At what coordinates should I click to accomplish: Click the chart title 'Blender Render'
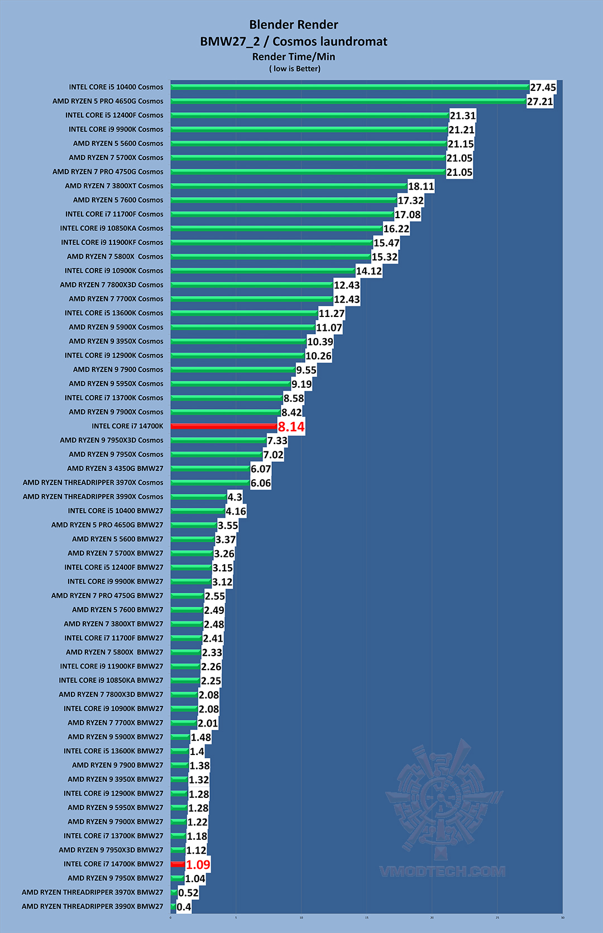(294, 25)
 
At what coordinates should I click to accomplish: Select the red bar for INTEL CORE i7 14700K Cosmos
(223, 426)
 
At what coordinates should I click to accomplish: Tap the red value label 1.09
(198, 864)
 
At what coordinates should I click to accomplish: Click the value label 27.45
(543, 88)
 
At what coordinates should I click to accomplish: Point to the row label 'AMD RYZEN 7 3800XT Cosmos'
(114, 186)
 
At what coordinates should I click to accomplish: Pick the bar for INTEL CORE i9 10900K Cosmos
(262, 271)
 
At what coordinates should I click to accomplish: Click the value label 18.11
(421, 186)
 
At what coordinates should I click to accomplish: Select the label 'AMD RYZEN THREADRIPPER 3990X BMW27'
(93, 906)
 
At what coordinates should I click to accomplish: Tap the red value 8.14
(291, 427)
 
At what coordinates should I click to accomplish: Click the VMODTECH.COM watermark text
(442, 872)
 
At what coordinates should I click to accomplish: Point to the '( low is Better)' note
(295, 69)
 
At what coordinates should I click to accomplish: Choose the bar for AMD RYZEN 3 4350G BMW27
(210, 469)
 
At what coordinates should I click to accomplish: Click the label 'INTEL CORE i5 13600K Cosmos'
(114, 313)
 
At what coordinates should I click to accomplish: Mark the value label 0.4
(184, 907)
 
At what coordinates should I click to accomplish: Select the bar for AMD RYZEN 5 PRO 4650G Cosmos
(348, 101)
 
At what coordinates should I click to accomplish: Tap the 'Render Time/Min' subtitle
(294, 56)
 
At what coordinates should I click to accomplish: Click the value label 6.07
(261, 469)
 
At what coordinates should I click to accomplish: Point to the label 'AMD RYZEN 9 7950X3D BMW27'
(111, 850)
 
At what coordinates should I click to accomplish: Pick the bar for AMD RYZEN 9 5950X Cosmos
(230, 384)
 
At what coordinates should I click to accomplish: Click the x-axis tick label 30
(562, 917)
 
